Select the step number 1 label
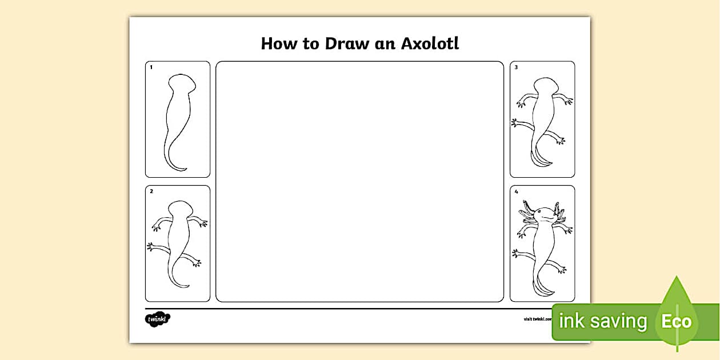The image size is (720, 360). [151, 67]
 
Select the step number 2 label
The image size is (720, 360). [151, 191]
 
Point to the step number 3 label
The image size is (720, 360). [516, 67]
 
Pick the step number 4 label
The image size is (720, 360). [516, 191]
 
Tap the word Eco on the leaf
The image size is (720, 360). [677, 321]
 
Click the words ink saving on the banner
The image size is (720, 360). [602, 321]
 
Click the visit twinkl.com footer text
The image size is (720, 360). [537, 319]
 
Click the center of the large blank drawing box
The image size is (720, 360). [359, 181]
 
